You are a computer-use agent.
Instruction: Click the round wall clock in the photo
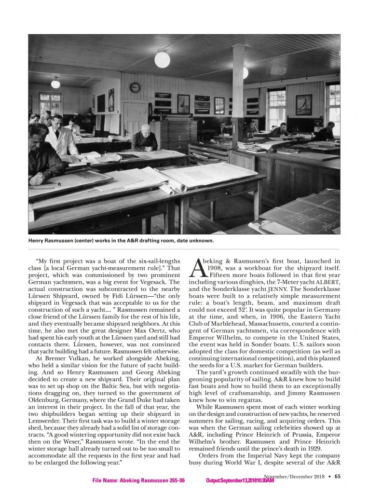click(135, 87)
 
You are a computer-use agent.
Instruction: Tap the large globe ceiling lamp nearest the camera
click(162, 59)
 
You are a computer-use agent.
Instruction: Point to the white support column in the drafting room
click(238, 96)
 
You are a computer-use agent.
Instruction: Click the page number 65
click(337, 476)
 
